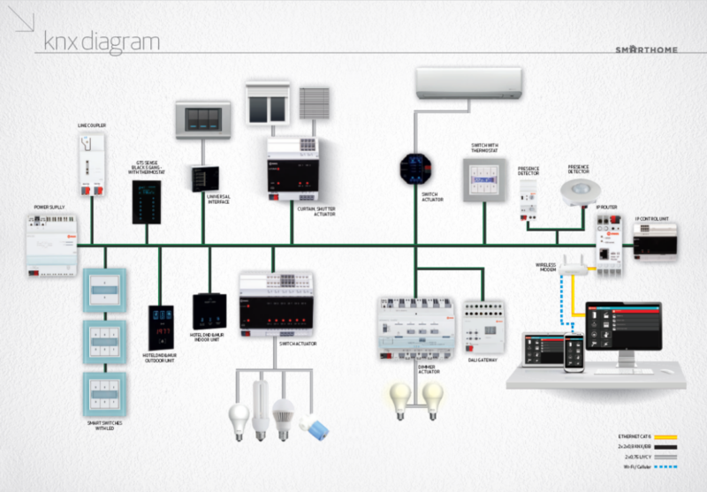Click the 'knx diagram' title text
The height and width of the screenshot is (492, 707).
coord(102,41)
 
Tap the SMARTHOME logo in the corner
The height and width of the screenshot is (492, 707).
coord(646,49)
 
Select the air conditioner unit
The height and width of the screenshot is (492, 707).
coord(468,84)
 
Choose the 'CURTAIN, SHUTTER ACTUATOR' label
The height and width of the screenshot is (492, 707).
coord(315,210)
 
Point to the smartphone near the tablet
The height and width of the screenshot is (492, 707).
coord(574,348)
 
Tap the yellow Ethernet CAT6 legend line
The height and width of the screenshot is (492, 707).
coord(677,436)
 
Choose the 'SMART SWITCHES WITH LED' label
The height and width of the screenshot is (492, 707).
coord(105,428)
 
